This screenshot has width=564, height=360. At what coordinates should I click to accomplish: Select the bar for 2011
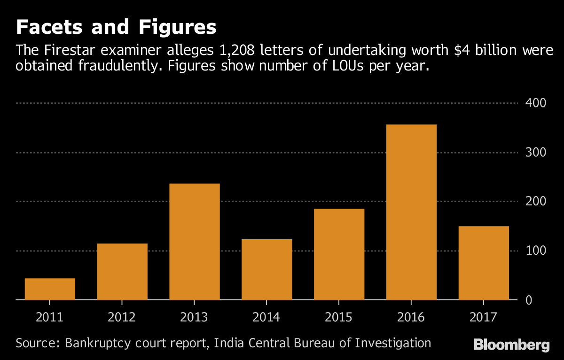pyautogui.click(x=50, y=289)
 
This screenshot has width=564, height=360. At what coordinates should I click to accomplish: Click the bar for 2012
pyautogui.click(x=122, y=272)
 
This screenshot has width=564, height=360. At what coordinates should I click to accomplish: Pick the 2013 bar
pyautogui.click(x=195, y=242)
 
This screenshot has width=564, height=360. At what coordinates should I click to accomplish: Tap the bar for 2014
pyautogui.click(x=267, y=269)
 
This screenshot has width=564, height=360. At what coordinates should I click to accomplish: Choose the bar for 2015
pyautogui.click(x=339, y=254)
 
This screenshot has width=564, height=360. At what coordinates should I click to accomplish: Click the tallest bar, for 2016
pyautogui.click(x=411, y=212)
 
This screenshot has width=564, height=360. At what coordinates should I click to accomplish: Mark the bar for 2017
pyautogui.click(x=484, y=263)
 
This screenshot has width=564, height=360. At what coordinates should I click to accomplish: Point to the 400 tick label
pyautogui.click(x=535, y=103)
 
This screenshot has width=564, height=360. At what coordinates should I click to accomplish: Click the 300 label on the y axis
pyautogui.click(x=535, y=152)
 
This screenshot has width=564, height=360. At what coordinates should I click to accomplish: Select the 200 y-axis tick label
pyautogui.click(x=535, y=202)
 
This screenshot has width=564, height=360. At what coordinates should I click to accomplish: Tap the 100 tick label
pyautogui.click(x=535, y=251)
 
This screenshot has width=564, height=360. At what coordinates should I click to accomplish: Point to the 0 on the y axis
pyautogui.click(x=529, y=300)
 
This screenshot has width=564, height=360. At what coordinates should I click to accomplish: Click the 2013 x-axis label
pyautogui.click(x=194, y=318)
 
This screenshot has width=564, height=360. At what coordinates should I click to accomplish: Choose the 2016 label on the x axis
pyautogui.click(x=411, y=318)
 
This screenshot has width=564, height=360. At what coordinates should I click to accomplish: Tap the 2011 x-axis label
pyautogui.click(x=50, y=318)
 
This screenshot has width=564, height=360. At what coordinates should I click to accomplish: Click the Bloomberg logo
pyautogui.click(x=511, y=345)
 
